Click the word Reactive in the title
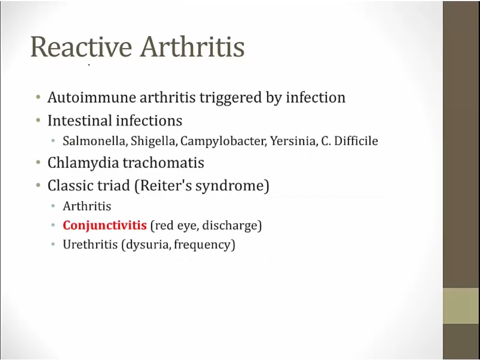coord(82,47)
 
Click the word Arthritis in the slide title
coord(192,47)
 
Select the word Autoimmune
coord(92,98)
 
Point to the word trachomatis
coord(164,162)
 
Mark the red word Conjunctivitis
coord(105,226)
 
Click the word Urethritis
coord(90,244)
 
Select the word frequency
coord(202,245)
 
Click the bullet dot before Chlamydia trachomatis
coord(38,162)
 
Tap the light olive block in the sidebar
coord(461,306)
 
